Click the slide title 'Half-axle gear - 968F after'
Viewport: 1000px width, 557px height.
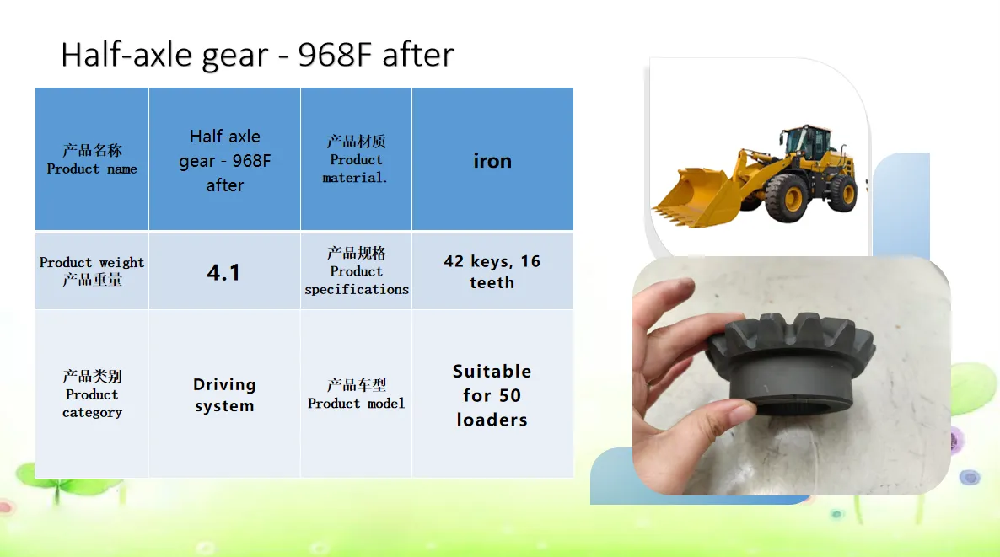pyautogui.click(x=257, y=55)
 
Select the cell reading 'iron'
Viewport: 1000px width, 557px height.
pyautogui.click(x=492, y=158)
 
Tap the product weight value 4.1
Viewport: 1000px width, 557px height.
pyautogui.click(x=223, y=271)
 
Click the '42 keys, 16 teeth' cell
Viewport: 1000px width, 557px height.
pyautogui.click(x=492, y=271)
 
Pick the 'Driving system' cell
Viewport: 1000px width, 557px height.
pyautogui.click(x=223, y=394)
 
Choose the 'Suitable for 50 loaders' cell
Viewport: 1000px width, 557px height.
pyautogui.click(x=492, y=394)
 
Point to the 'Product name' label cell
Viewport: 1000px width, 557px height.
pyautogui.click(x=92, y=158)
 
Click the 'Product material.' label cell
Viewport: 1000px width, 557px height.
pyautogui.click(x=356, y=158)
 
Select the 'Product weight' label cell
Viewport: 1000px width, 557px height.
pyautogui.click(x=92, y=271)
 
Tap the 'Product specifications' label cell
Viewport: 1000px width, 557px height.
pyautogui.click(x=356, y=271)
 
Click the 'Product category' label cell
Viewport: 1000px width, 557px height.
pyautogui.click(x=92, y=394)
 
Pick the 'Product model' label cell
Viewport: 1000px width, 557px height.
pyautogui.click(x=356, y=394)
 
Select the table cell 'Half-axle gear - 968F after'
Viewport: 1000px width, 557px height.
pyautogui.click(x=223, y=158)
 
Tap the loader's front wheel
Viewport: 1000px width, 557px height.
pyautogui.click(x=787, y=198)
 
